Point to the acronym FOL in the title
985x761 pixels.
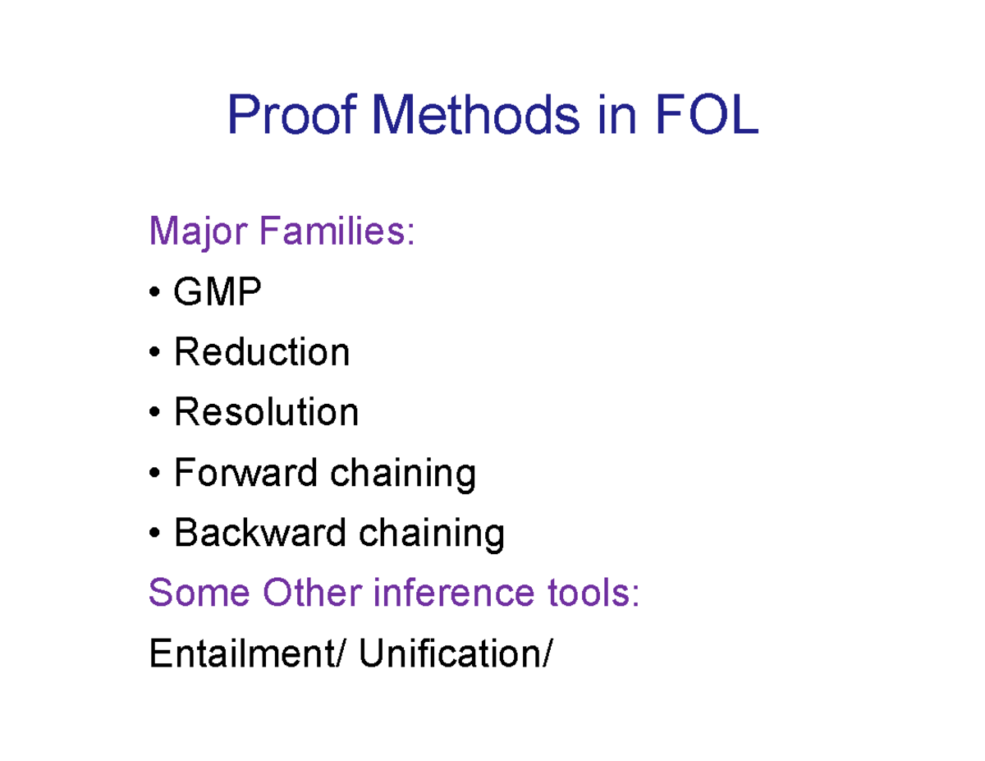click(x=706, y=116)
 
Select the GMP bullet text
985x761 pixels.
click(x=217, y=292)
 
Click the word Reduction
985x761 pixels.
click(x=262, y=352)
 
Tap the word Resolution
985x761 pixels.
click(x=266, y=412)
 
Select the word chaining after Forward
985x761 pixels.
click(x=401, y=474)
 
